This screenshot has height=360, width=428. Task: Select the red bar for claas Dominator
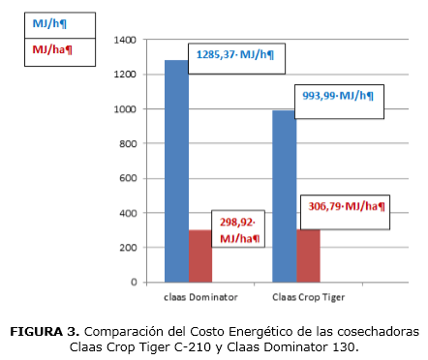[x=199, y=256]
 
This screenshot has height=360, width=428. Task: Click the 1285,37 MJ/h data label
[x=235, y=57]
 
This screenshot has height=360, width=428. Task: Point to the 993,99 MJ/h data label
[x=337, y=96]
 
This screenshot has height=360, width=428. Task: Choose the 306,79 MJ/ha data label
[x=347, y=206]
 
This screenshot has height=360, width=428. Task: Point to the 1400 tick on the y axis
[x=125, y=41]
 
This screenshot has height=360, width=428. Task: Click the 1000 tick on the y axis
[x=125, y=109]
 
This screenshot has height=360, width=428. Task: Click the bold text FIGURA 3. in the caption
[x=46, y=332]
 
